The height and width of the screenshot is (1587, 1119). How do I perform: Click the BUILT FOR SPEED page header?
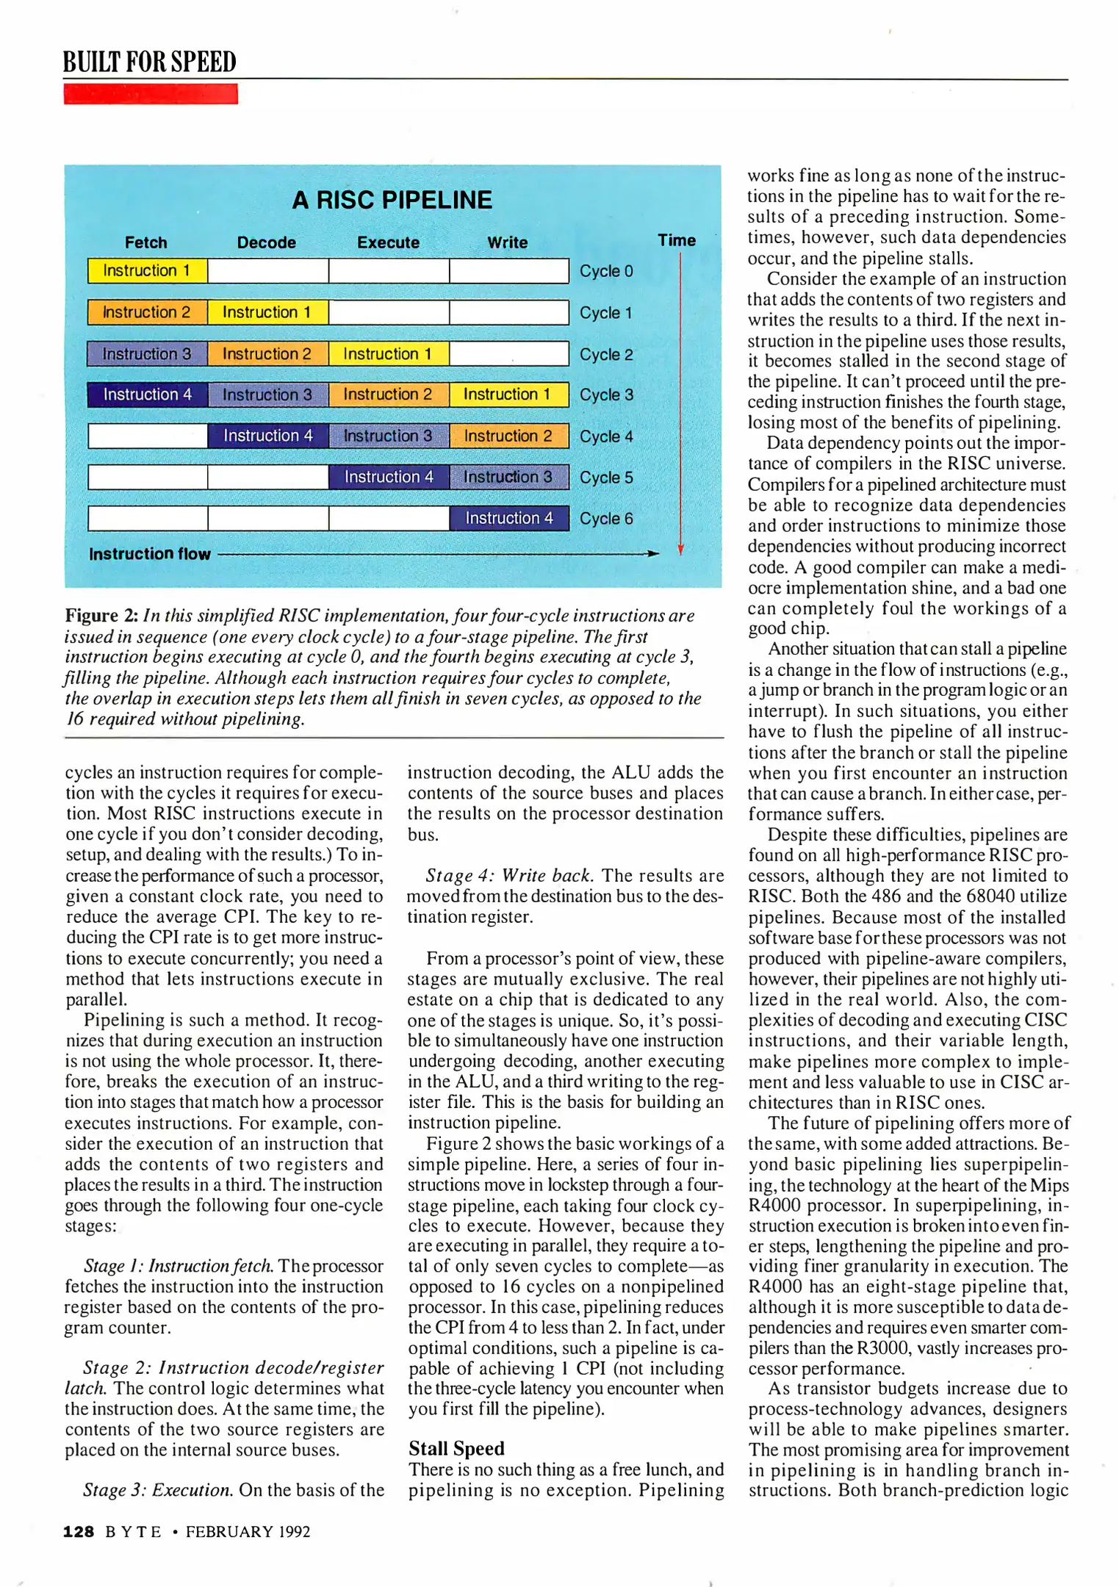point(149,62)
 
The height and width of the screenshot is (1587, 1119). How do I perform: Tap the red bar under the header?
point(151,94)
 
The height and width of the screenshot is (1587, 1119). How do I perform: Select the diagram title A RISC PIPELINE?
point(392,200)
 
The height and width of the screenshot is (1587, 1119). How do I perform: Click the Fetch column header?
point(145,242)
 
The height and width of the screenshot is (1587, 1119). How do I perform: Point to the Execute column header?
point(388,242)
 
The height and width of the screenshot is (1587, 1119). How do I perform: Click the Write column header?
point(507,242)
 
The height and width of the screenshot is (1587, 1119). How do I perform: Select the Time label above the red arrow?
point(676,240)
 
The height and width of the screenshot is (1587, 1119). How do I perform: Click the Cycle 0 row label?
point(605,271)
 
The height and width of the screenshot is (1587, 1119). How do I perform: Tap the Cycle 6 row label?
point(605,519)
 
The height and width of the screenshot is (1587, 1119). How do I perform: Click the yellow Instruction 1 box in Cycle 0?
point(147,270)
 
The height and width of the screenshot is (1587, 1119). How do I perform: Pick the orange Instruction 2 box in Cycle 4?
point(508,436)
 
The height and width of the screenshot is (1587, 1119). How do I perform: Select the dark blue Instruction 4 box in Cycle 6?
point(508,518)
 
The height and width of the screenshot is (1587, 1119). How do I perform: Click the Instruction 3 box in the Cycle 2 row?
point(147,353)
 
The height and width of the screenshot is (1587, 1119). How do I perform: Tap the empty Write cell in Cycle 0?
point(508,270)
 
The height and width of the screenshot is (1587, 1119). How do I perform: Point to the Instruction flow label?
point(149,554)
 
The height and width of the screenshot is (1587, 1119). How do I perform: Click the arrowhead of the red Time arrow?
point(680,550)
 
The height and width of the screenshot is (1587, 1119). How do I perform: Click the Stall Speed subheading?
point(456,1448)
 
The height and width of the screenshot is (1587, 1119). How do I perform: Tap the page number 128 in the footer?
point(79,1531)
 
